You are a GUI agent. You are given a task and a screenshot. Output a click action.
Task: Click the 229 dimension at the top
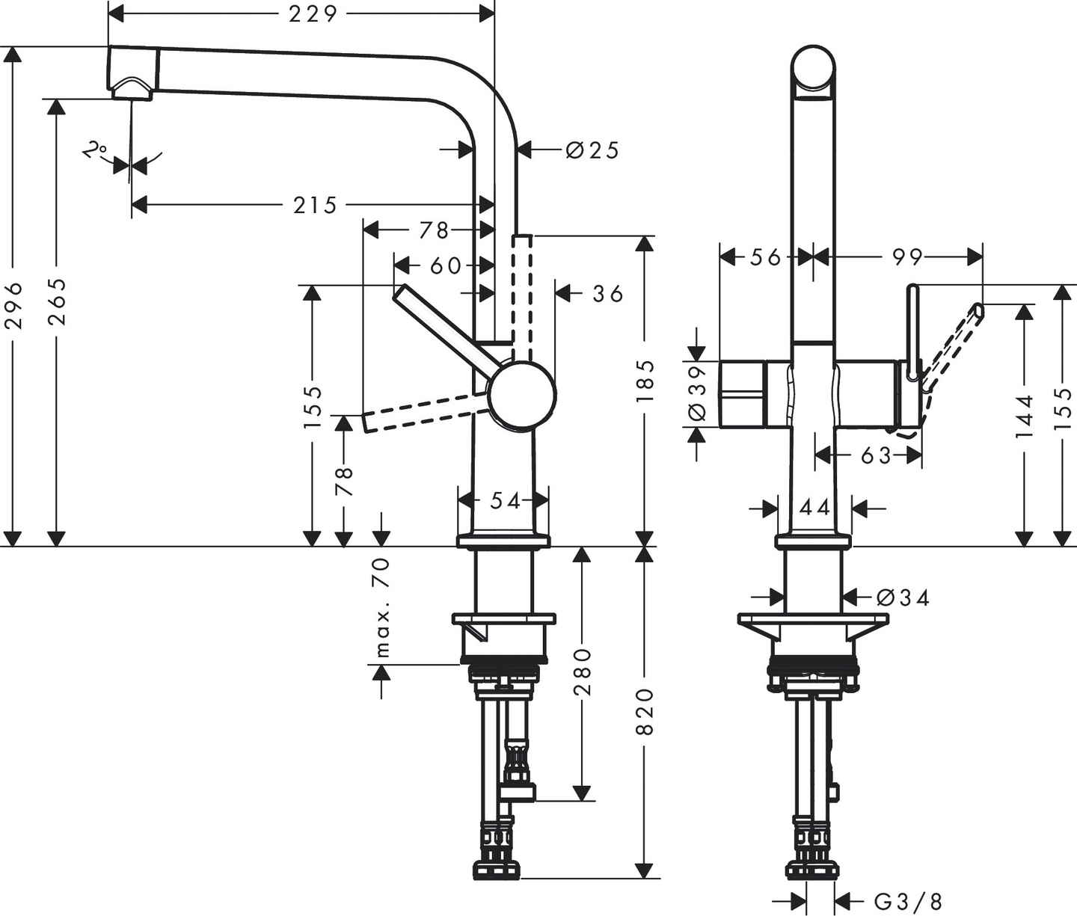[313, 13]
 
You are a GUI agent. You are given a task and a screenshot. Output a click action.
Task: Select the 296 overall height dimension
[13, 304]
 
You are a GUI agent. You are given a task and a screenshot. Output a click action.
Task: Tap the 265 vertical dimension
[57, 301]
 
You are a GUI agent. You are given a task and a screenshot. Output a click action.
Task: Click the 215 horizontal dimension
[315, 205]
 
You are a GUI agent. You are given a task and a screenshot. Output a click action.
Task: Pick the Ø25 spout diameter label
[592, 150]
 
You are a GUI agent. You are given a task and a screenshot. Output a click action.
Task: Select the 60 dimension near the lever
[445, 265]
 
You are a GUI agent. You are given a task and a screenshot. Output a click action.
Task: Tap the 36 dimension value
[607, 294]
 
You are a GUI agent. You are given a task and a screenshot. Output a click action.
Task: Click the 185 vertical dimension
[645, 380]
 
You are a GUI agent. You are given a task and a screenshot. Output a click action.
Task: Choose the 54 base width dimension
[505, 500]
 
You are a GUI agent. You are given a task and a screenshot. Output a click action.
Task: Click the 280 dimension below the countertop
[583, 671]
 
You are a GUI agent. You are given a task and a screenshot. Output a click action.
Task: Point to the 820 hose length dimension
[645, 711]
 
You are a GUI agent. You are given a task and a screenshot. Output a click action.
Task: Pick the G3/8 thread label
[908, 901]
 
